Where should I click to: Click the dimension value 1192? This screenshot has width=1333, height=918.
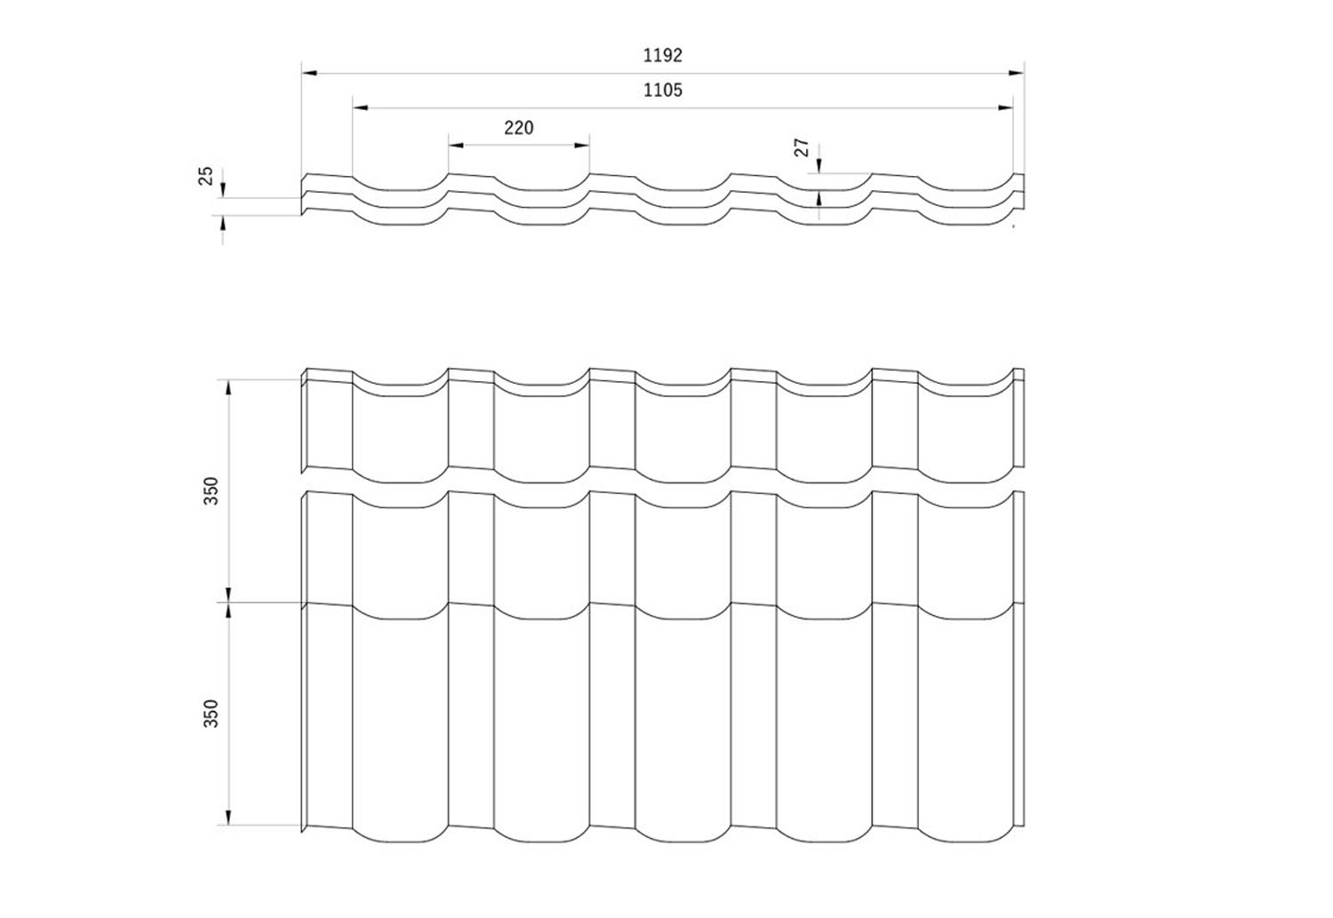[662, 55]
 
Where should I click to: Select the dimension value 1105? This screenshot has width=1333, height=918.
[662, 90]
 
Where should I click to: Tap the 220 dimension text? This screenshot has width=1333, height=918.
[519, 128]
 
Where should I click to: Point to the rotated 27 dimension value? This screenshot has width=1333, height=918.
[802, 147]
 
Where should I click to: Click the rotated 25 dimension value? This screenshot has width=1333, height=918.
[205, 176]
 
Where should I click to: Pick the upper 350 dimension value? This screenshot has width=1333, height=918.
[212, 491]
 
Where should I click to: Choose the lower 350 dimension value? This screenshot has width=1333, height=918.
[212, 713]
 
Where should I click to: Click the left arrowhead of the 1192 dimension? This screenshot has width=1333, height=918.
[309, 73]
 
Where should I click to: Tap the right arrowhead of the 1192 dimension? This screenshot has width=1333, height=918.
[1016, 73]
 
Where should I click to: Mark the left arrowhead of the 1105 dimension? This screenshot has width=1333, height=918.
[361, 108]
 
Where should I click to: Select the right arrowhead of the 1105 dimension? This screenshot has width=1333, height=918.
[1006, 108]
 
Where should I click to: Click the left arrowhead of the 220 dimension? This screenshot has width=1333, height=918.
[456, 145]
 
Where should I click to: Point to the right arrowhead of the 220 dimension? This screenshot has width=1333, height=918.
[581, 145]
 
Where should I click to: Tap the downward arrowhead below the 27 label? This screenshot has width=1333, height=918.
[818, 165]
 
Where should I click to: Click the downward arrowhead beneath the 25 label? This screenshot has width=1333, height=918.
[223, 190]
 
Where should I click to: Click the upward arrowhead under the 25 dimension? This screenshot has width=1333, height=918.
[223, 223]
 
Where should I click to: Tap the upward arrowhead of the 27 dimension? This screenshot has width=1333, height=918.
[818, 198]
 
